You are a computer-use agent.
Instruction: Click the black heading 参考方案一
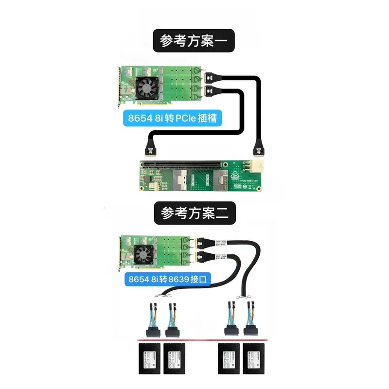(x=194, y=41)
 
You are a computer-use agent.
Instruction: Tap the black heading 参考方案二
(x=194, y=213)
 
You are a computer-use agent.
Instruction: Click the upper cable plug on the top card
(x=212, y=77)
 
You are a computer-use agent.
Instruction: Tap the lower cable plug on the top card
(x=212, y=90)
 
